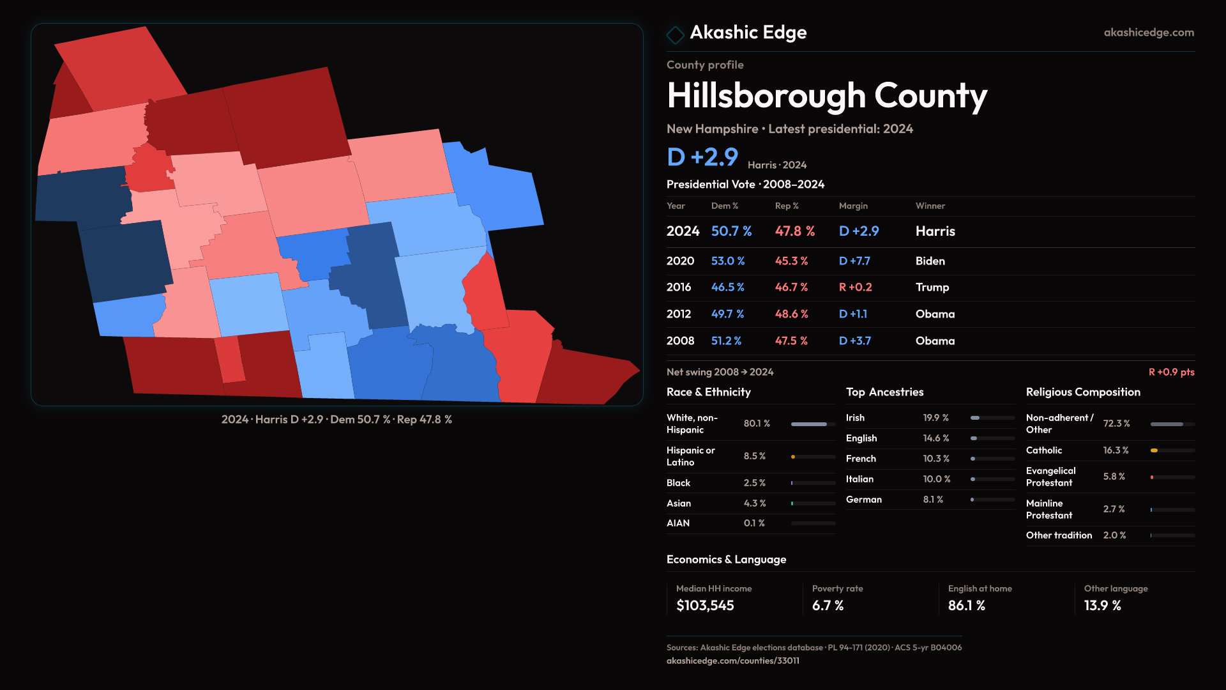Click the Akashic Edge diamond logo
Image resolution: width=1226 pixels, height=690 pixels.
coord(675,34)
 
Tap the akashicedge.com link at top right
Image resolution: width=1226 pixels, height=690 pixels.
coord(1148,33)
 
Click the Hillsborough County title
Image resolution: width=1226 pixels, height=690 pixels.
coord(826,96)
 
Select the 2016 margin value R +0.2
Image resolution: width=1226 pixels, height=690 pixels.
coord(855,287)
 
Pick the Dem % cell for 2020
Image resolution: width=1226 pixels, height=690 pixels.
coord(727,261)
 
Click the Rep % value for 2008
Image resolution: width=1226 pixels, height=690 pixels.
coord(791,341)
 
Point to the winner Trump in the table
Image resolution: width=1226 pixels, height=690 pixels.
coord(932,287)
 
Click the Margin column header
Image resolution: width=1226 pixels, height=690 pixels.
coord(853,206)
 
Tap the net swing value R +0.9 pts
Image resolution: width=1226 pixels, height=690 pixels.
coord(1171,372)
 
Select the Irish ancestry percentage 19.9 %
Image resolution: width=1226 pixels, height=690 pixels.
coord(935,418)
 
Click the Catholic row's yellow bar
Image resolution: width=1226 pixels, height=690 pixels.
coord(1154,450)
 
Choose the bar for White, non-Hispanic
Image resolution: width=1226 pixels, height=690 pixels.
coord(809,424)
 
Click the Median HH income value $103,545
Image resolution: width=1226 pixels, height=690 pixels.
coord(705,606)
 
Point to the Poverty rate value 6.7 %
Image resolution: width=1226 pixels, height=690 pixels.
coord(828,606)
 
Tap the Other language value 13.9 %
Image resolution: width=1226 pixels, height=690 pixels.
coord(1102,606)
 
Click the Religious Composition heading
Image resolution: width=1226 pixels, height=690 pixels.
coord(1083,392)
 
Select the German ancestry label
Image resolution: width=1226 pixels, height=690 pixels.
coord(863,500)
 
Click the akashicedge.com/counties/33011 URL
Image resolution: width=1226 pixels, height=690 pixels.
coord(732,661)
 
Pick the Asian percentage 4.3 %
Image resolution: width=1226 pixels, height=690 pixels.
coord(754,503)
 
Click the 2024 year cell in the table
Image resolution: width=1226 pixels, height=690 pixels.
coord(683,231)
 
